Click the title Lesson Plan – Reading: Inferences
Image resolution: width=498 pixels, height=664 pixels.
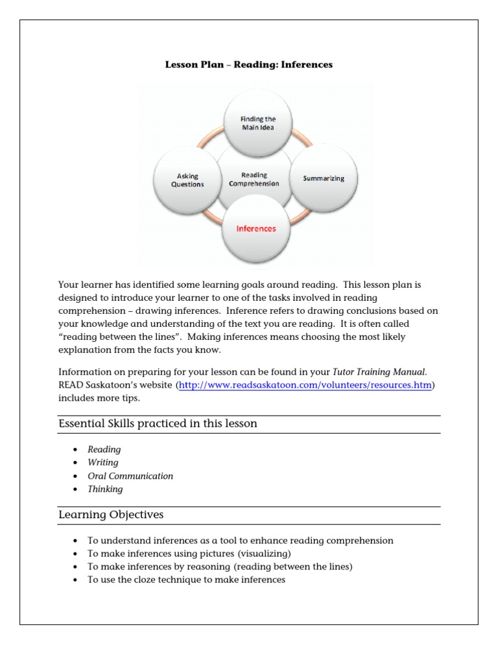pos(248,65)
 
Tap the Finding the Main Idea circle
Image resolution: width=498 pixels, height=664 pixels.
pos(257,123)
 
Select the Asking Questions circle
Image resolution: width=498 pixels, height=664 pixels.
pos(187,180)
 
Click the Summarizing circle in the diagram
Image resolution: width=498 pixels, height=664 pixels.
pos(324,178)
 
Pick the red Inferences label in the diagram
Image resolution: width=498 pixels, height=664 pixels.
pos(255,228)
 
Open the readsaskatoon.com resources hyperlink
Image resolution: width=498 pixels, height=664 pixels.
pos(305,385)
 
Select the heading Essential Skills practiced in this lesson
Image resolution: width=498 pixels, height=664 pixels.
pos(158,423)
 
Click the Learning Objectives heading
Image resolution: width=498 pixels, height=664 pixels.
pos(111,515)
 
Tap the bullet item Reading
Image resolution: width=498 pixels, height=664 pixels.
pos(104,449)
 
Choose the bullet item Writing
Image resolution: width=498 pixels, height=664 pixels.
pos(103,462)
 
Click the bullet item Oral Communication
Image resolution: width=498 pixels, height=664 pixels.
pos(130,476)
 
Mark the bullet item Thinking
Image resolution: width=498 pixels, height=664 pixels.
pos(105,489)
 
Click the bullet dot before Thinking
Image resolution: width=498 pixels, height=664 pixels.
pos(76,490)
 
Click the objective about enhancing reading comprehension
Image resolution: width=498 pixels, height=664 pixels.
pos(240,541)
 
